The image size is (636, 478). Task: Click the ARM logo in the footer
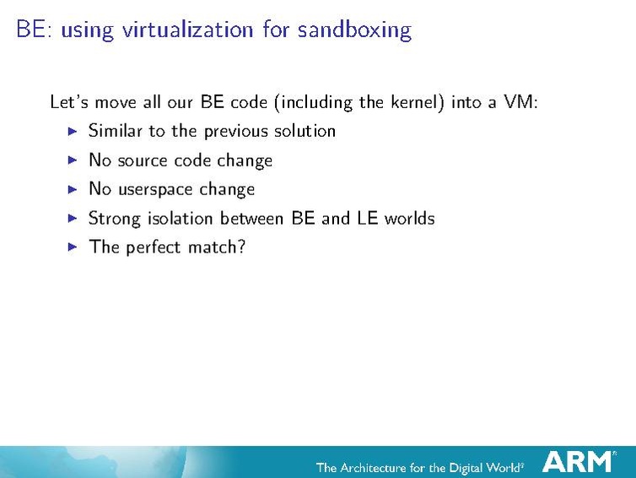coord(579,462)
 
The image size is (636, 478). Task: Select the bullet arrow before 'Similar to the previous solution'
coord(72,131)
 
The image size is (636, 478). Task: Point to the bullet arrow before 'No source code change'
coord(72,160)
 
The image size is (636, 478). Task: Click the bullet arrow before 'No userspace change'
coord(72,189)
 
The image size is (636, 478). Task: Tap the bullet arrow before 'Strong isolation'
coord(72,218)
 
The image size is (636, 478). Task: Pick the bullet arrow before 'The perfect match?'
coord(72,247)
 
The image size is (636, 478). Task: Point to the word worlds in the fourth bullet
coord(409,218)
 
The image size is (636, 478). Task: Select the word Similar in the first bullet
coord(116,131)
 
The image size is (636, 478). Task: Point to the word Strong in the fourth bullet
coord(115,219)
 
